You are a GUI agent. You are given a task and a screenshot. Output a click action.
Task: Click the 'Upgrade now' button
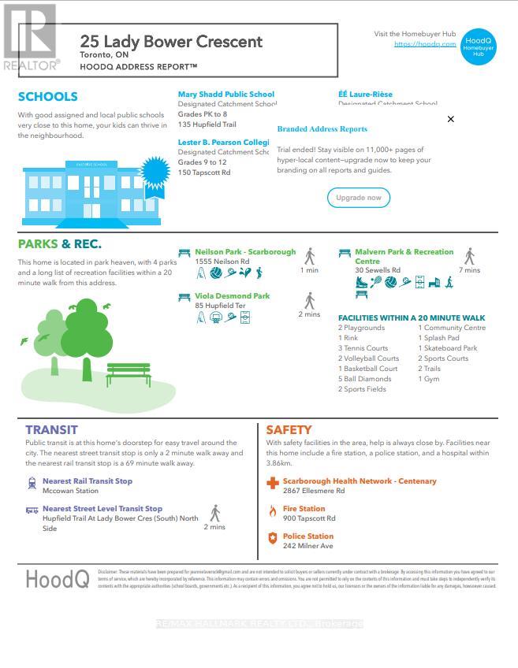(359, 198)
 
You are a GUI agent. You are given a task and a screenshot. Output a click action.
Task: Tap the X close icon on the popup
(451, 119)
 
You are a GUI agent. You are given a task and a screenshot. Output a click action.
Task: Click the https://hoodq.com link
(425, 44)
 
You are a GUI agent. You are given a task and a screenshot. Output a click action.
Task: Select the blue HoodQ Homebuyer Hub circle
(478, 46)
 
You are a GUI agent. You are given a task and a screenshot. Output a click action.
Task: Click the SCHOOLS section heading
(48, 97)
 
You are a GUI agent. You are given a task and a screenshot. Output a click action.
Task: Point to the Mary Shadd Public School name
(226, 95)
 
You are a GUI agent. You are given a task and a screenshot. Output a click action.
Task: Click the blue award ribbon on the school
(155, 171)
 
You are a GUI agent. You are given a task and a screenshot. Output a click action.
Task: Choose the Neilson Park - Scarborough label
(245, 252)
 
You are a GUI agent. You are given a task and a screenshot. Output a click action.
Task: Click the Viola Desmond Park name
(233, 296)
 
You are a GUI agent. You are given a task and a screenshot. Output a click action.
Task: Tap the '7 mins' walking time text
(469, 270)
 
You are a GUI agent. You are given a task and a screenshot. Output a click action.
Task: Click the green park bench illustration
(128, 373)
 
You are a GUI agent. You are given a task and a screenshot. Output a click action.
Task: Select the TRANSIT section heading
(51, 430)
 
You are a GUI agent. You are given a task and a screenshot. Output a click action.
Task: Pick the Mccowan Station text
(70, 491)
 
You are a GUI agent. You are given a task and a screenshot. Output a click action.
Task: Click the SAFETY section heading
(289, 430)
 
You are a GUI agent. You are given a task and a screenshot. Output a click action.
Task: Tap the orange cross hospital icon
(273, 483)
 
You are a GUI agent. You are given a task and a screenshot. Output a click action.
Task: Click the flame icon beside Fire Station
(273, 511)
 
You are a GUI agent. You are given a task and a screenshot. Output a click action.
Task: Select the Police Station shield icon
(273, 539)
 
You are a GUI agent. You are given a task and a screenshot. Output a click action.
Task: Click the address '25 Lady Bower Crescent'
(171, 42)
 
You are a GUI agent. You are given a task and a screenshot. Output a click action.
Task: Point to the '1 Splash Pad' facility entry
(438, 338)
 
